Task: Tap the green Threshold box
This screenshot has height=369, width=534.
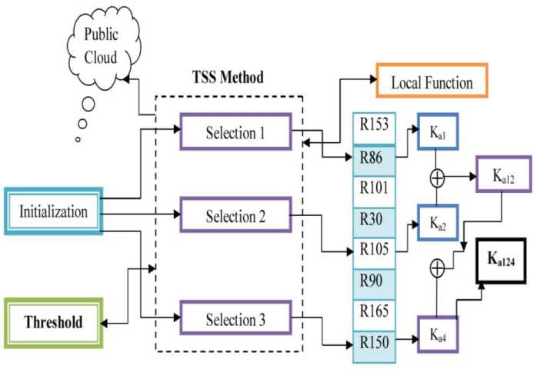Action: (53, 321)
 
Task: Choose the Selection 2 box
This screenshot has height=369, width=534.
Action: (235, 216)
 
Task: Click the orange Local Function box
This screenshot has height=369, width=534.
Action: (432, 83)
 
